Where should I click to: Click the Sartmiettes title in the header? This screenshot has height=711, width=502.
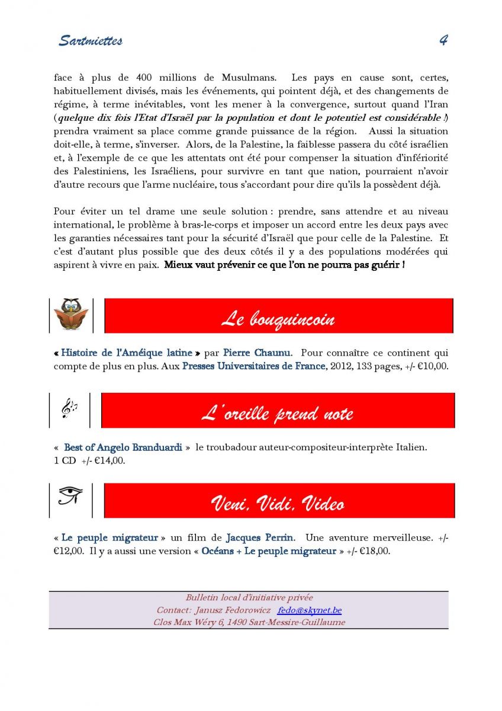(x=91, y=41)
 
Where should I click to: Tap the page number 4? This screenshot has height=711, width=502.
(x=443, y=40)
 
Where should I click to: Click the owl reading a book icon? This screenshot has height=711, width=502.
(x=71, y=315)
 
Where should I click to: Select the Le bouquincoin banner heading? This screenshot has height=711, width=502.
(x=278, y=319)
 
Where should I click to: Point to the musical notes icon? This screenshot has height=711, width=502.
(x=69, y=409)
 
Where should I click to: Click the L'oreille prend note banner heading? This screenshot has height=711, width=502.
(x=277, y=413)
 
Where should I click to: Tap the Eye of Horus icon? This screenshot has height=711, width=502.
(x=70, y=495)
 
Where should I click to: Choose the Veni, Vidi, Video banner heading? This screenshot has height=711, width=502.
(x=278, y=504)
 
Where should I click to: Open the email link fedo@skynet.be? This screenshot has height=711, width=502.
(x=309, y=610)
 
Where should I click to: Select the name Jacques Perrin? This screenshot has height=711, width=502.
(x=259, y=538)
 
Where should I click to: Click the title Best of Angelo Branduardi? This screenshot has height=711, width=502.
(x=123, y=448)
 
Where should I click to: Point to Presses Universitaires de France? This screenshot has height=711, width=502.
(x=253, y=366)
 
